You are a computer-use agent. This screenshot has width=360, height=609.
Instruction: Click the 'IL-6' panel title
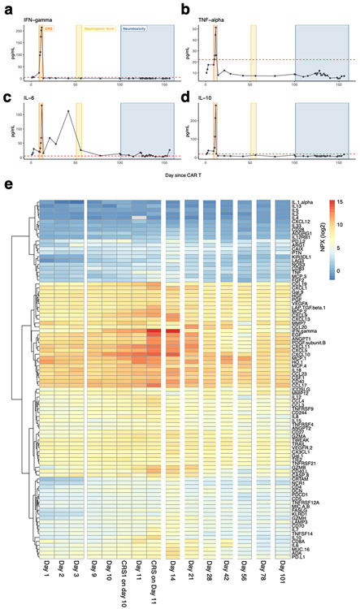click(17, 103)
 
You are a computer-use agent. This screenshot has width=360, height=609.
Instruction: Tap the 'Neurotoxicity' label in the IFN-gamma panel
click(135, 27)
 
